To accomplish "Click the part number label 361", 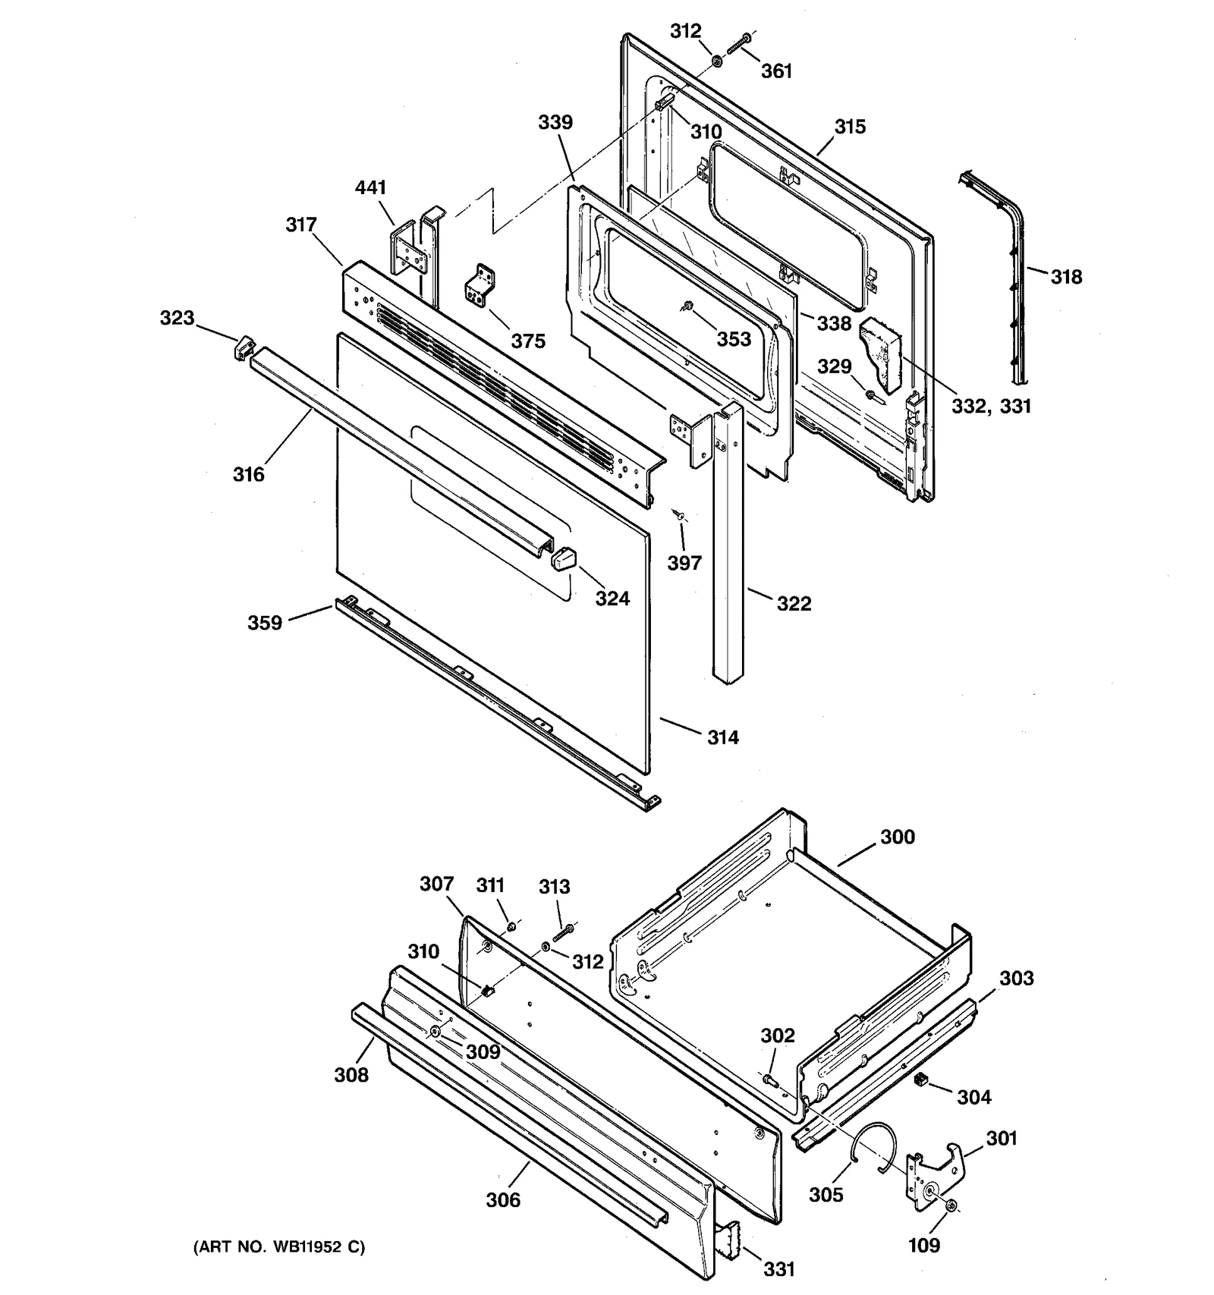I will tap(776, 71).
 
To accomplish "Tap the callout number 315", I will tap(850, 127).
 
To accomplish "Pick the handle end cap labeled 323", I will tap(242, 349).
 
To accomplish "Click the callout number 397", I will tap(684, 563).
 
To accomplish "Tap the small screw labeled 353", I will tap(687, 306).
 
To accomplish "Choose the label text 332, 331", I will tap(991, 406).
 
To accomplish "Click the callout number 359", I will tap(265, 623).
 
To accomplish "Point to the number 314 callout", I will tap(722, 737).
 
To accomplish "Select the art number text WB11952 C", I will tap(278, 1246).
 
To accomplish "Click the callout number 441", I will tap(370, 187).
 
